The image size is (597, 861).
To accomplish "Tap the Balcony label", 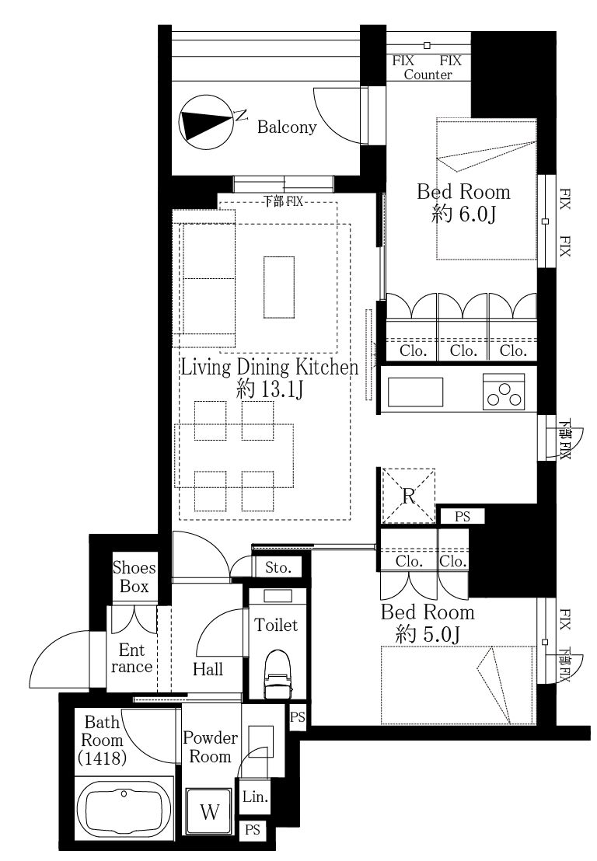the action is [287, 127].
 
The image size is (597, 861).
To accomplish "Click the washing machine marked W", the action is [210, 811].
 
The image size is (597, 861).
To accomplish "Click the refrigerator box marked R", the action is [408, 495].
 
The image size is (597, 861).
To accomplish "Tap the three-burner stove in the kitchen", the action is [504, 392].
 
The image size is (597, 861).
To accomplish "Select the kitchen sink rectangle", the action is [416, 392].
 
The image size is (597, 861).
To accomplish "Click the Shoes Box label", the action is [134, 577].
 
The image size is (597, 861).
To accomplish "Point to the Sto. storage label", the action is [278, 568].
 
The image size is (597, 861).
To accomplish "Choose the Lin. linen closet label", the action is [256, 797].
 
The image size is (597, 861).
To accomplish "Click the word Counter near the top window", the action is [428, 75].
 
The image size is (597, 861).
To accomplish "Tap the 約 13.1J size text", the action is [269, 390].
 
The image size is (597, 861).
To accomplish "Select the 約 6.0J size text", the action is [463, 214].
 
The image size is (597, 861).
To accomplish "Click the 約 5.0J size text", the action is [428, 634].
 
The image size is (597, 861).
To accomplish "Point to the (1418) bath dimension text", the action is [103, 758].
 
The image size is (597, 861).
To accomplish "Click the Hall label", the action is [208, 669].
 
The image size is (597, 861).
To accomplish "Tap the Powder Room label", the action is [210, 747].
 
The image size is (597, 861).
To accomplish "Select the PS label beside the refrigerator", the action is [463, 517].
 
